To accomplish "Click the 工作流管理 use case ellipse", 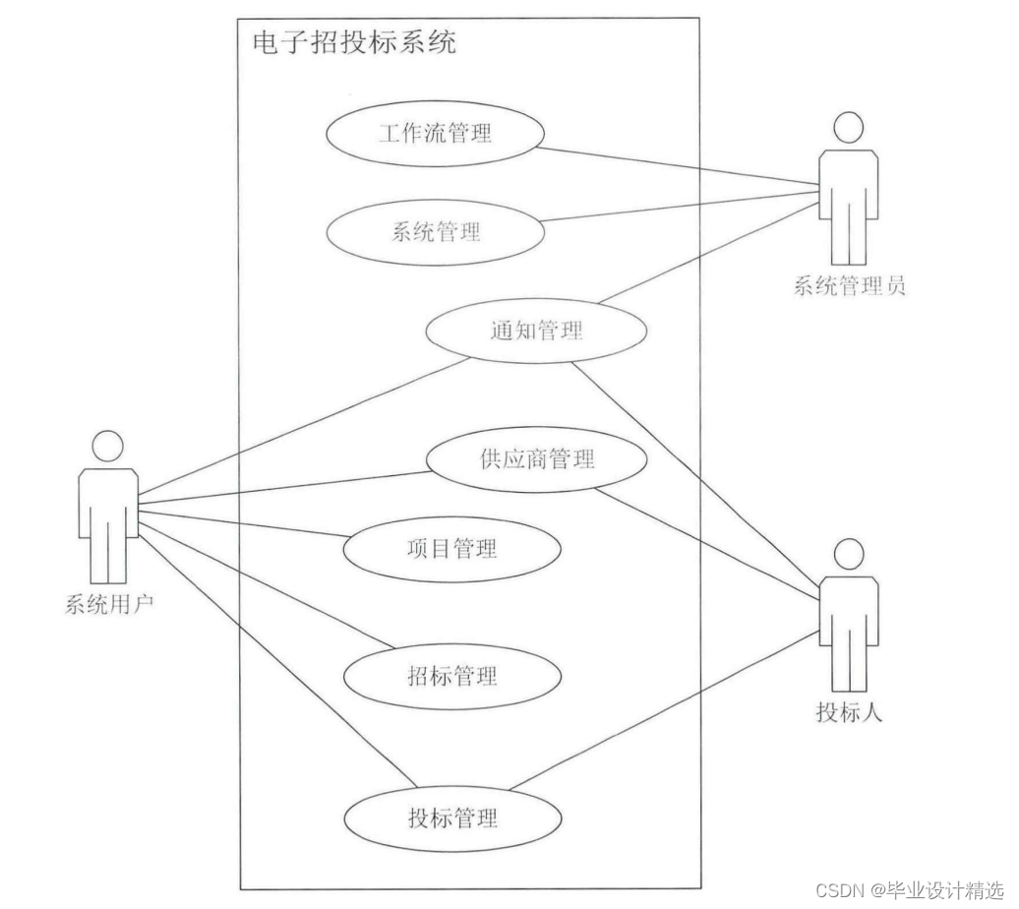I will (x=434, y=133).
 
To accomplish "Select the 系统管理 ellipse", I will (x=434, y=233).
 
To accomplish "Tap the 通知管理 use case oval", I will (x=536, y=332).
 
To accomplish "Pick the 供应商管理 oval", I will (x=537, y=458).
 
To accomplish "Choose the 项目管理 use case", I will (x=451, y=548).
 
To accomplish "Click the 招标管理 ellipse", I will (x=451, y=676).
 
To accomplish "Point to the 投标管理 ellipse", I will (x=452, y=818).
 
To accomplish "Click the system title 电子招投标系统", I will (x=354, y=42).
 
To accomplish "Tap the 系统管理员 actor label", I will (x=849, y=286).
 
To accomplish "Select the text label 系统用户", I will (x=108, y=604).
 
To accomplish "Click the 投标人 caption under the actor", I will (x=849, y=711).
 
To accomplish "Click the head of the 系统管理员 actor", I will (x=848, y=128).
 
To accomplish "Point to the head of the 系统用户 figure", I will (x=108, y=447).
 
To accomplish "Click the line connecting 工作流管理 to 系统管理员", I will (x=679, y=164).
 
